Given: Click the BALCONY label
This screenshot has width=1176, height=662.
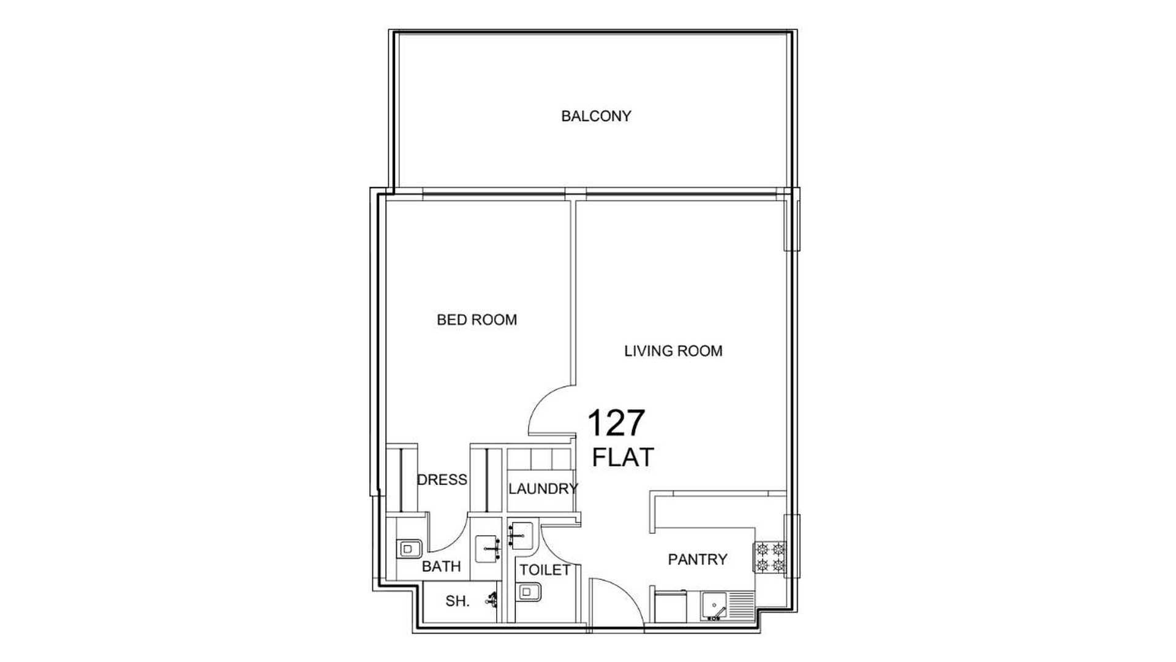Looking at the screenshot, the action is coord(596,116).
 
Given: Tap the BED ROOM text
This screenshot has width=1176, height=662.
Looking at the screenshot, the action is coord(477,319).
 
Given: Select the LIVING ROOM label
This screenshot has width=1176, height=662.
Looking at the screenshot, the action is coord(673,351).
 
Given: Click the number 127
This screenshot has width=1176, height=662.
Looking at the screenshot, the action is coord(616,423).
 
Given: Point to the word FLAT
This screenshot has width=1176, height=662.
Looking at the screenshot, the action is coord(623,457).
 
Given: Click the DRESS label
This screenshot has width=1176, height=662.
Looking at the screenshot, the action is coord(442,479).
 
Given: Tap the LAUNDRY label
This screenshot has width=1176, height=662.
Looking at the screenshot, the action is coord(543,489).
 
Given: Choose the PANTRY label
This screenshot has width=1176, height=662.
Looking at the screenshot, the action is coord(698,559).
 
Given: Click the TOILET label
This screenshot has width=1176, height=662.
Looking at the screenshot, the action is coord(545,570).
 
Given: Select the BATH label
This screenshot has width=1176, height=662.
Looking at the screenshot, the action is coord(441,566).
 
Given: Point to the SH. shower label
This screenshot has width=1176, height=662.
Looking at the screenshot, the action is coord(457,601).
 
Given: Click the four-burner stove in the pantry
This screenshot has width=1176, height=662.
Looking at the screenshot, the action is coord(770,557).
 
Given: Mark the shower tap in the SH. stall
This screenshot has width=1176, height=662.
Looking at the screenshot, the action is coord(491,599).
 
